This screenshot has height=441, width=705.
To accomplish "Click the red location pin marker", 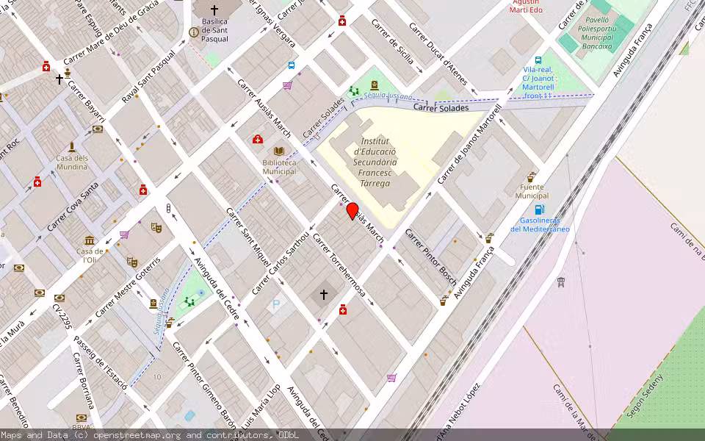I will pyautogui.click(x=352, y=211).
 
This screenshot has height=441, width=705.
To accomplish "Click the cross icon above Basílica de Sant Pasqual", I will pyautogui.click(x=214, y=10).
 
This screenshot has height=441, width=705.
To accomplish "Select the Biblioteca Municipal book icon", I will pyautogui.click(x=279, y=150).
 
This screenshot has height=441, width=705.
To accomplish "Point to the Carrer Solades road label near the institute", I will pyautogui.click(x=441, y=108).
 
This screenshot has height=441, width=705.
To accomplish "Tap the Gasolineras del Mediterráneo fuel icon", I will pyautogui.click(x=540, y=209).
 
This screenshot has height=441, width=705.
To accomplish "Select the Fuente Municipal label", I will pyautogui.click(x=532, y=191).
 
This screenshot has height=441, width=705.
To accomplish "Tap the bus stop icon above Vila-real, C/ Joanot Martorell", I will pyautogui.click(x=538, y=60).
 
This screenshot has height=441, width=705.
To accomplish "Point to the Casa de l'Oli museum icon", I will pyautogui.click(x=89, y=240).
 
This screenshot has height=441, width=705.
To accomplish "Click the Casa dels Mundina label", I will pyautogui.click(x=72, y=162).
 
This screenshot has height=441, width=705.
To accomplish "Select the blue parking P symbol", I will pyautogui.click(x=276, y=303).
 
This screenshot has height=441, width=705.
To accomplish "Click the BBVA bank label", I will pyautogui.click(x=81, y=427).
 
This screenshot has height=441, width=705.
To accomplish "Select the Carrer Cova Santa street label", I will pyautogui.click(x=73, y=207).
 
